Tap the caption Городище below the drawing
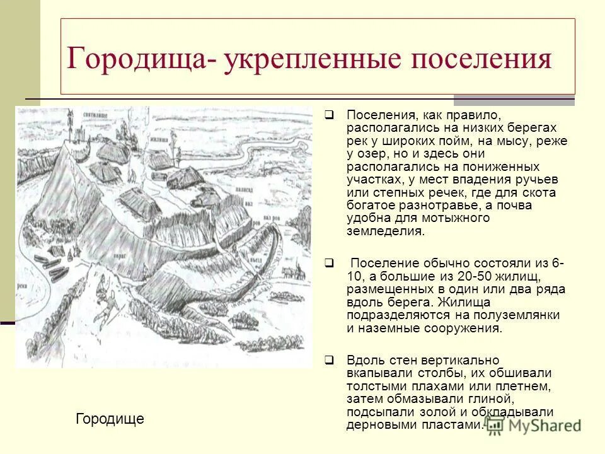(x=110, y=419)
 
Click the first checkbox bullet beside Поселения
(x=329, y=115)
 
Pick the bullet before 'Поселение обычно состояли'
(x=329, y=263)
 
